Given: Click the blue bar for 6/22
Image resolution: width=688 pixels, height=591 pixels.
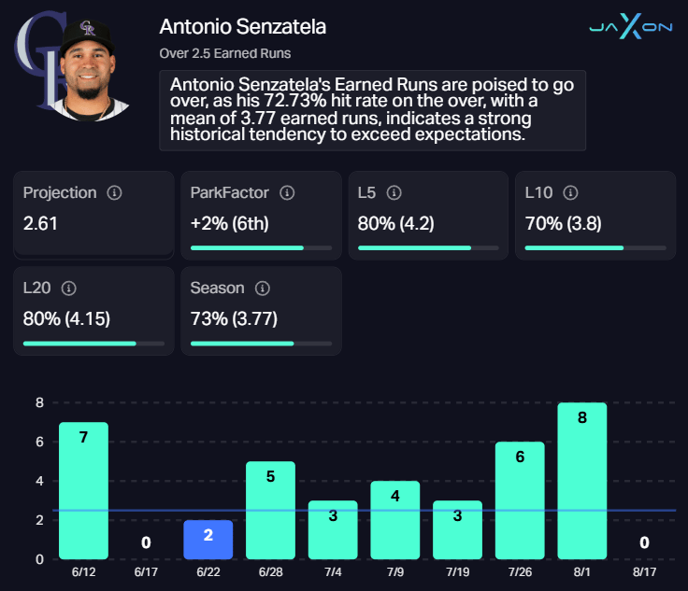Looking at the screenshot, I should click(208, 540).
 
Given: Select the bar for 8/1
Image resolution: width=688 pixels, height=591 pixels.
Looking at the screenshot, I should click(581, 481).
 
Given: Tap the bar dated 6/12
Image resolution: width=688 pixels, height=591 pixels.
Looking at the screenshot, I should click(83, 490).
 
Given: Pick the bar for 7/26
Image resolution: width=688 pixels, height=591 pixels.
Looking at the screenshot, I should click(520, 500).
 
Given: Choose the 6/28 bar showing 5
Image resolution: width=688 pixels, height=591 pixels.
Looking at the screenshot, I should click(270, 510).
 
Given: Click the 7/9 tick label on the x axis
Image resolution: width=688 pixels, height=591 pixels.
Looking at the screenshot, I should click(394, 571).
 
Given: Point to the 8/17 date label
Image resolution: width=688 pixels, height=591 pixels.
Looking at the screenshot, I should click(644, 571).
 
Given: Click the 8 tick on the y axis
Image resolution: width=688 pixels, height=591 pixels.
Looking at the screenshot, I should click(39, 403).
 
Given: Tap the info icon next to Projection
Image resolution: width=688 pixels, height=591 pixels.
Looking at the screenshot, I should click(115, 193).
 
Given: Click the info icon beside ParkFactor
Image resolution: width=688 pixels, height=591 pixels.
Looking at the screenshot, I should click(287, 193).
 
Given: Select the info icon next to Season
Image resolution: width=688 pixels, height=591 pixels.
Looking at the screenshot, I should click(263, 288).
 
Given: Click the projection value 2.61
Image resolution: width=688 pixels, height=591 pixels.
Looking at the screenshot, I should click(42, 224).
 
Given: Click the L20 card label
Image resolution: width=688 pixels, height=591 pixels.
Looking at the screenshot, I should click(38, 288).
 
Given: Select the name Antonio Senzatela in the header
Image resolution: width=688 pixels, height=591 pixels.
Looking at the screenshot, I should click(243, 26).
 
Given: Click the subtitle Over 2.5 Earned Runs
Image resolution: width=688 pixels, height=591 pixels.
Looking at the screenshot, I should click(225, 53).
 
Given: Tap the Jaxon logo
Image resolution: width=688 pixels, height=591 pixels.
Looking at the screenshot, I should click(630, 27).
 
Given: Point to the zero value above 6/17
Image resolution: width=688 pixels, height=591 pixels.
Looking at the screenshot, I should click(146, 542).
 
